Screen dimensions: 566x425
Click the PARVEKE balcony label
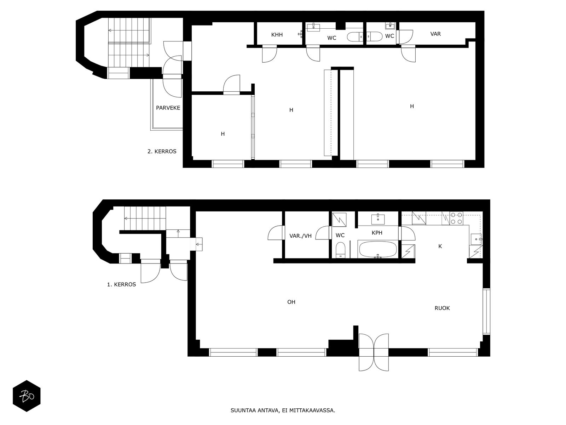pos(168,108)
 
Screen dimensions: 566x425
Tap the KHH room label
pos(277,35)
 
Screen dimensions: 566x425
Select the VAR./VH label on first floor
pos(300,236)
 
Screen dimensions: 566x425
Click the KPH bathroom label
pos(377,232)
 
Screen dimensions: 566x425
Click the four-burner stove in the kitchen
pos(456,218)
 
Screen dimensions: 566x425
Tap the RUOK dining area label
pos(442,308)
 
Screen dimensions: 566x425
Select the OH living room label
pos(291,302)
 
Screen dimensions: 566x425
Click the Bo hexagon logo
pos(27,396)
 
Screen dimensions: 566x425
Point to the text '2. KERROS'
pos(162,152)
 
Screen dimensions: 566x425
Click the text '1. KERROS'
pos(121,284)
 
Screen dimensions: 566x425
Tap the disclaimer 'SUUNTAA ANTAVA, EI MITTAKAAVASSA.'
pos(283,410)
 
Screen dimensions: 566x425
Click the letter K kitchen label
pos(440,246)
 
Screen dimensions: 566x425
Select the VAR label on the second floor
pos(435,34)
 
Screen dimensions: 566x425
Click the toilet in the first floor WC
pos(340,250)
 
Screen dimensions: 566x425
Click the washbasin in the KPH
pos(378,219)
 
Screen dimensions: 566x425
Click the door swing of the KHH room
pos(270,54)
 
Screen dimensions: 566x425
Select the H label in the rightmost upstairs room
pos(412,106)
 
